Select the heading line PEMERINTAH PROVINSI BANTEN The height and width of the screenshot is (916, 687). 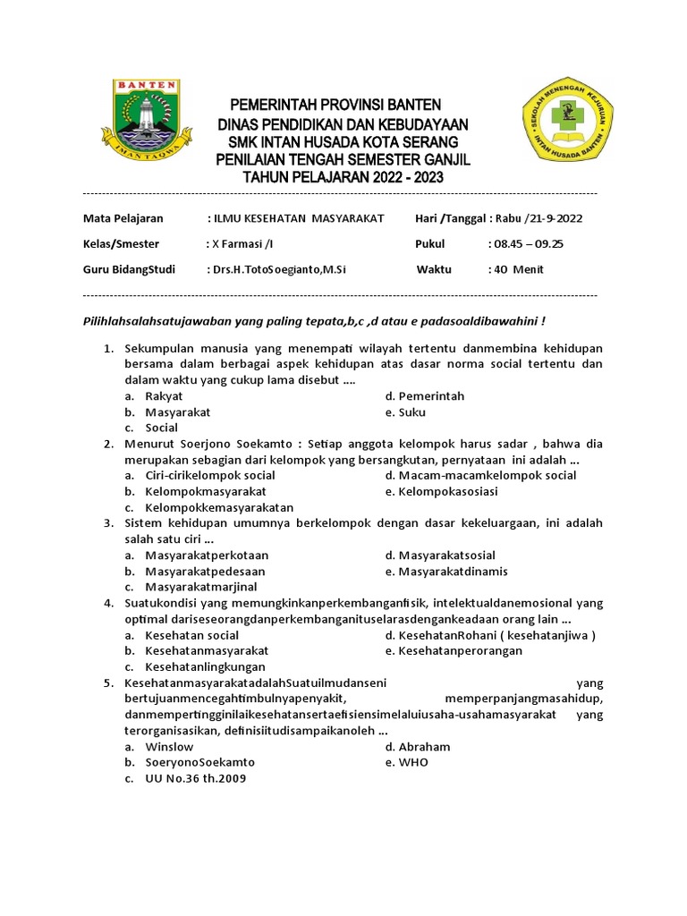coord(335,106)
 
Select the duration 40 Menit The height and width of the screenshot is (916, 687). coord(518,269)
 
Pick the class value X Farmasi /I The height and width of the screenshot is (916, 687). coord(242,244)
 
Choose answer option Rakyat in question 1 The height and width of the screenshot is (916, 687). coord(164,396)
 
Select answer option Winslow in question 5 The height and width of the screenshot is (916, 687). coord(169,746)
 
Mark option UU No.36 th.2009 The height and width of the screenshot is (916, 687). coord(195,778)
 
